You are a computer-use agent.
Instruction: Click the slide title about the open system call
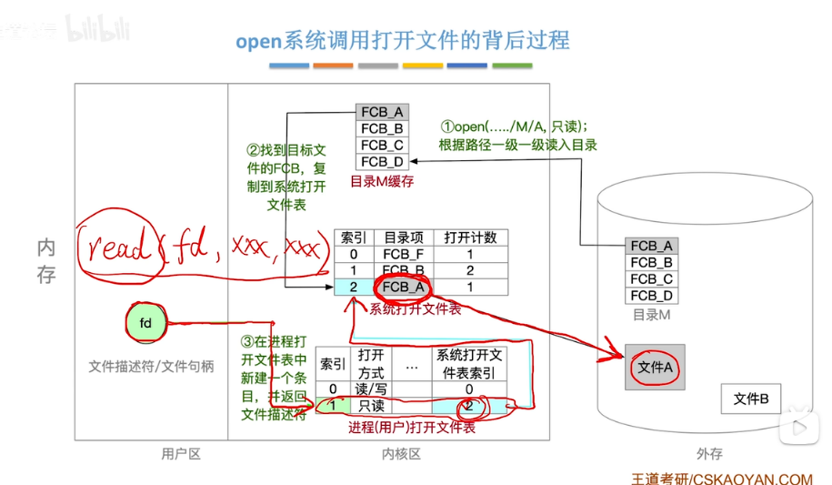tap(403, 41)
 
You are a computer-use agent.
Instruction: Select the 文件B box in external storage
tap(751, 399)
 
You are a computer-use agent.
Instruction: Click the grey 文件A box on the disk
tap(655, 368)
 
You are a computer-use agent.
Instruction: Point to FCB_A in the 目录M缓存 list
tap(382, 112)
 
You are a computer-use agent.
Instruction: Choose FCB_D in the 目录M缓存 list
tap(382, 161)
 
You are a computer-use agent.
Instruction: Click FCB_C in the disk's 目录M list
tap(651, 279)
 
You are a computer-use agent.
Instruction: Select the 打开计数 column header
tap(470, 237)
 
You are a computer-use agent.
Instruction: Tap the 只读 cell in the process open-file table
tap(371, 406)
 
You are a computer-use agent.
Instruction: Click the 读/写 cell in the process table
tap(371, 389)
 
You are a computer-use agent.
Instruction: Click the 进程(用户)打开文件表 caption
tap(412, 428)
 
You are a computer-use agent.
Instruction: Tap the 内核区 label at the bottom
tap(401, 453)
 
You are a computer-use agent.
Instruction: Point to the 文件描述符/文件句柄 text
tap(151, 366)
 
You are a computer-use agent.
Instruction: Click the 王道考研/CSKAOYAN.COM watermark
tap(722, 478)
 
